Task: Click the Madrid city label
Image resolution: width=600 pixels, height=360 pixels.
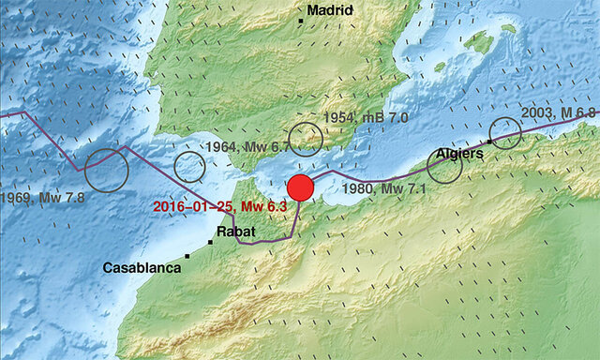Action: point(332,10)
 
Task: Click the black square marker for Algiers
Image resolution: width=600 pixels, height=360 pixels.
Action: point(490,142)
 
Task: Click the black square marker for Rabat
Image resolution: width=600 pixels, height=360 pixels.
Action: point(211,242)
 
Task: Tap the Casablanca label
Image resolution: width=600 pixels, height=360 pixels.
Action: point(141,268)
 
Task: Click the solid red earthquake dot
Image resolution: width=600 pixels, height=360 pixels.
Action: point(300,187)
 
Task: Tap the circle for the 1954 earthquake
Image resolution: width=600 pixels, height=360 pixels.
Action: point(306,140)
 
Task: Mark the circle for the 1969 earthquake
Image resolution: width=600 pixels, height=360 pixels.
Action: point(106,171)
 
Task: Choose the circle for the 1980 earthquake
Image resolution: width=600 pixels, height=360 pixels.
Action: point(444,165)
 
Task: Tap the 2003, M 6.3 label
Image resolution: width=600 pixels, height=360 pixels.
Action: point(558,113)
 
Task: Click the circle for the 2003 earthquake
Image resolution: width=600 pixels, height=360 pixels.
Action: point(505,132)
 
